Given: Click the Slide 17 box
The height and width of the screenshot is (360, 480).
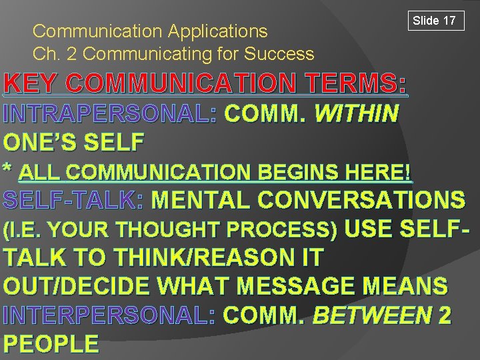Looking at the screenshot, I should point(435,21).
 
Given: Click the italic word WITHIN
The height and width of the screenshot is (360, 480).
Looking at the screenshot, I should point(356,114).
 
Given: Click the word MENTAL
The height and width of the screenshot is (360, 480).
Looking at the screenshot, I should point(201,200).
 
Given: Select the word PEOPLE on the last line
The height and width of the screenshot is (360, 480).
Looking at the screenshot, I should point(51,344).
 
